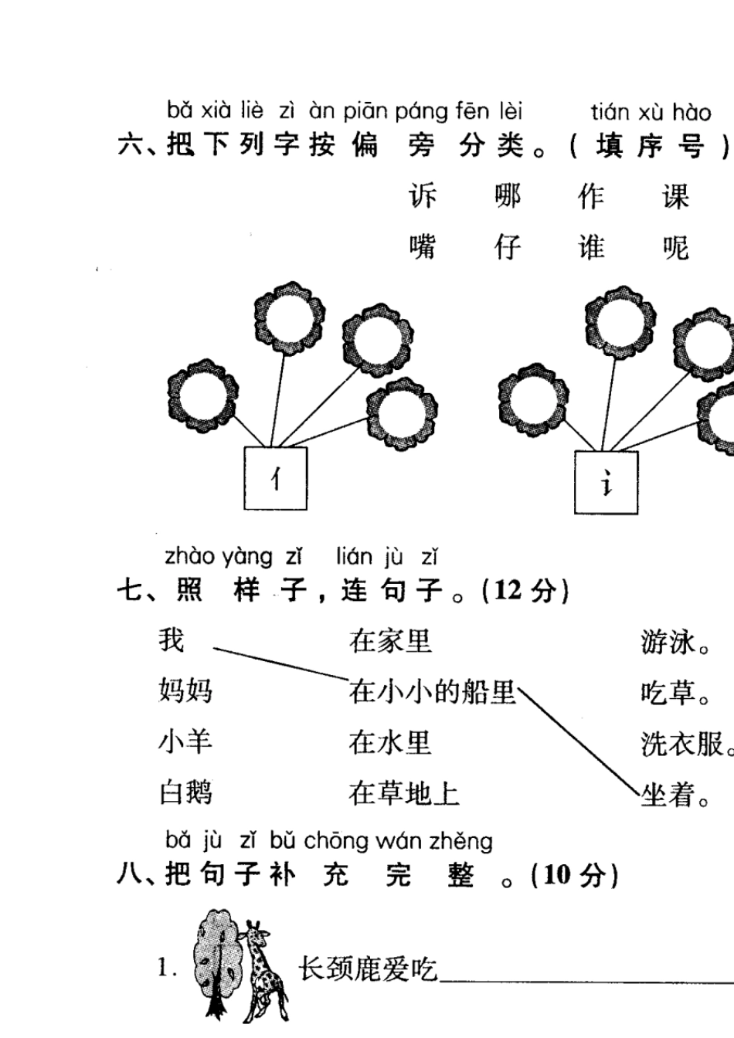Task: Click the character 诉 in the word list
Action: (423, 196)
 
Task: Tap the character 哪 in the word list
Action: (508, 196)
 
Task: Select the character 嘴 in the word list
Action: (423, 247)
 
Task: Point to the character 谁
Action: (591, 247)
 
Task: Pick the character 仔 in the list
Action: (508, 247)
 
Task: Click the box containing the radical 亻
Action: (276, 479)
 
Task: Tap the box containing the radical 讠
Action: (607, 483)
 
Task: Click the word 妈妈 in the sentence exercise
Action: (185, 690)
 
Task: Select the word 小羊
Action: (185, 741)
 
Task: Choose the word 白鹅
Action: (185, 792)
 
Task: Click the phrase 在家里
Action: (390, 641)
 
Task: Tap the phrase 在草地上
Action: (403, 792)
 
